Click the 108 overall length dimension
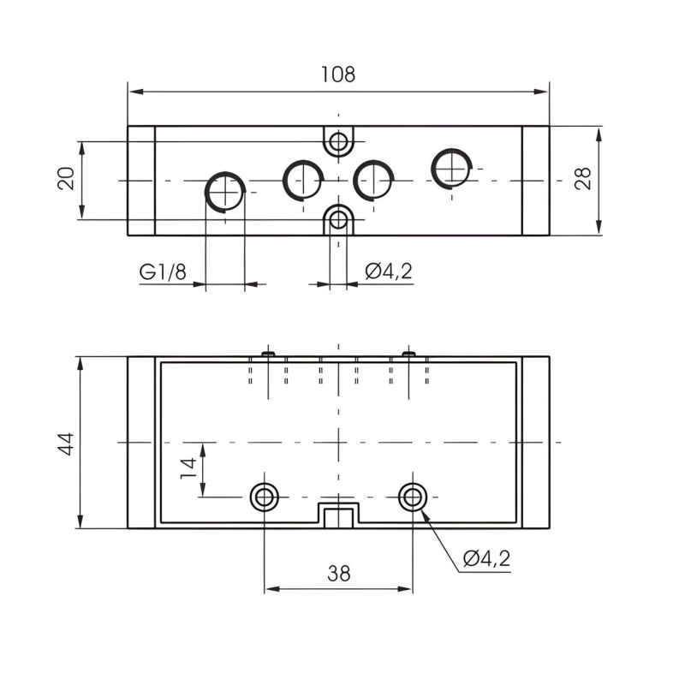coord(337,74)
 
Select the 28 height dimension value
coord(583,179)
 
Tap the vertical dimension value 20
coord(67,179)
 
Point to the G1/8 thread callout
coord(163,272)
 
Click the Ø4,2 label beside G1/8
coord(388,272)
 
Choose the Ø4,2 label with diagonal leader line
coord(485,559)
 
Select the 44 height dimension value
coord(67,443)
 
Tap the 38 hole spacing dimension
coord(339,574)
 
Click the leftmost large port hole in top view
coord(225,190)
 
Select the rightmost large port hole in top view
coord(452,167)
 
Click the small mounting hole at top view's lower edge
coord(339,219)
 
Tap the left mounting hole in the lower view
coord(264,495)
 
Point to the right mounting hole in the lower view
coord(413,495)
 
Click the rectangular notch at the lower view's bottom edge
coord(339,515)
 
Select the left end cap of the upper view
coord(141,181)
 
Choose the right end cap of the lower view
coord(535,443)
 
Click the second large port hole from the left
coord(301,178)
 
